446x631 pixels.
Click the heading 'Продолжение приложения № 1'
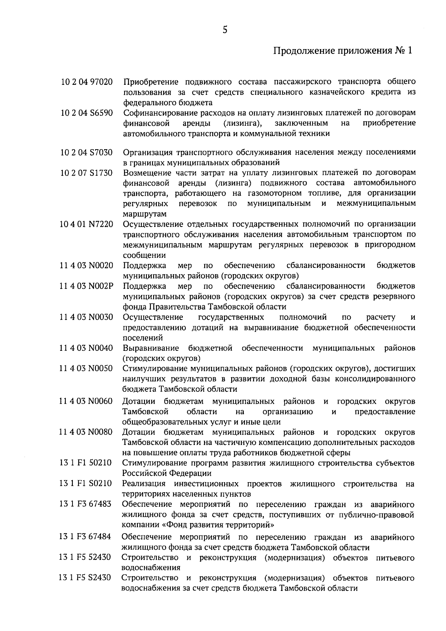[x=343, y=51]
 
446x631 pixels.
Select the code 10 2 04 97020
[x=87, y=81]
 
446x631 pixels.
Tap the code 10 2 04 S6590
[x=87, y=113]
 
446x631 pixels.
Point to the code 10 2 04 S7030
[x=87, y=152]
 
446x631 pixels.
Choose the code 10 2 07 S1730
[x=87, y=173]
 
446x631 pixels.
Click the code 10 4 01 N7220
[x=87, y=224]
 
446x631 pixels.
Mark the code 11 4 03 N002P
[x=87, y=286]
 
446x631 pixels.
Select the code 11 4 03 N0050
[x=87, y=368]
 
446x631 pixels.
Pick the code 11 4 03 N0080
[x=86, y=432]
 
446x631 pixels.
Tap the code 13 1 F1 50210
[x=86, y=463]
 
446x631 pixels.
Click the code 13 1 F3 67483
[x=85, y=504]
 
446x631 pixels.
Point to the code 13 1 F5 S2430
[x=85, y=578]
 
